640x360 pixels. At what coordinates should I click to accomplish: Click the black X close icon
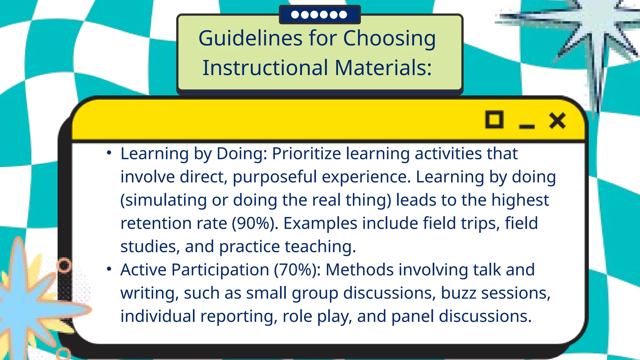pyautogui.click(x=557, y=121)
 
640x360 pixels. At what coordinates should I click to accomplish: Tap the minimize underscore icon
pyautogui.click(x=527, y=126)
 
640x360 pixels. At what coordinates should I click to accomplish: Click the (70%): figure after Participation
pyautogui.click(x=297, y=270)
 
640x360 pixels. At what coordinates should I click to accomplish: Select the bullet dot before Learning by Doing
pyautogui.click(x=109, y=153)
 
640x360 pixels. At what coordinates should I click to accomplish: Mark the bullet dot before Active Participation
pyautogui.click(x=109, y=269)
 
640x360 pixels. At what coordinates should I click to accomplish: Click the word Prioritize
pyautogui.click(x=306, y=154)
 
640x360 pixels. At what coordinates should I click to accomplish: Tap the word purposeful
pyautogui.click(x=275, y=177)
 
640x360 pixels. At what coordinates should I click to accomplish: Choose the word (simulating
pyautogui.click(x=163, y=200)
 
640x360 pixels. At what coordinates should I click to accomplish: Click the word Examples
pyautogui.click(x=320, y=223)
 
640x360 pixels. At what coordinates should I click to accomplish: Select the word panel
pyautogui.click(x=412, y=316)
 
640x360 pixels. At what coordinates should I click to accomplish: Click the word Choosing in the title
pyautogui.click(x=389, y=38)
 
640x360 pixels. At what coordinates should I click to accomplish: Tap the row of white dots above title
pyautogui.click(x=319, y=14)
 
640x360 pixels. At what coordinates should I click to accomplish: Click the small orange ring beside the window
pyautogui.click(x=64, y=265)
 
